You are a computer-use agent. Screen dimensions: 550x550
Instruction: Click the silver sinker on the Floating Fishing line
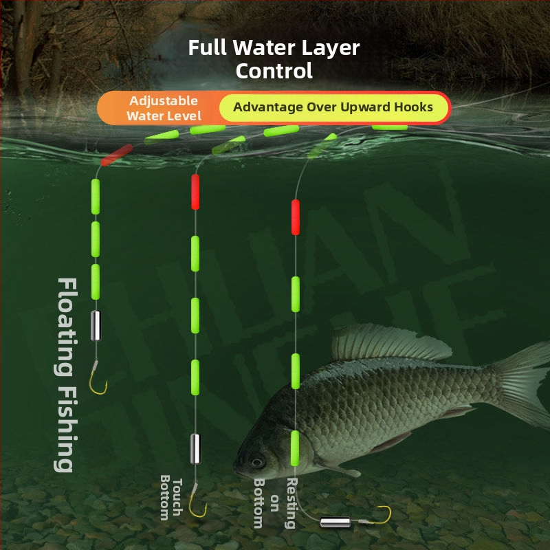click(96, 324)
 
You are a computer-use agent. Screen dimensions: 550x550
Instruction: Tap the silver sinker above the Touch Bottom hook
click(195, 448)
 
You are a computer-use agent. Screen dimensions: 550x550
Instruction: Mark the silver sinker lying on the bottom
click(335, 522)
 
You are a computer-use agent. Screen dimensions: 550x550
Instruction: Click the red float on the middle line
click(195, 192)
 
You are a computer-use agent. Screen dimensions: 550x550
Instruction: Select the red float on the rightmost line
click(296, 217)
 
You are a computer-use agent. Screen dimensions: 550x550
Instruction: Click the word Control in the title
click(274, 70)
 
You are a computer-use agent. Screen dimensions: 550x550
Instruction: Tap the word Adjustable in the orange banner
click(164, 101)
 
